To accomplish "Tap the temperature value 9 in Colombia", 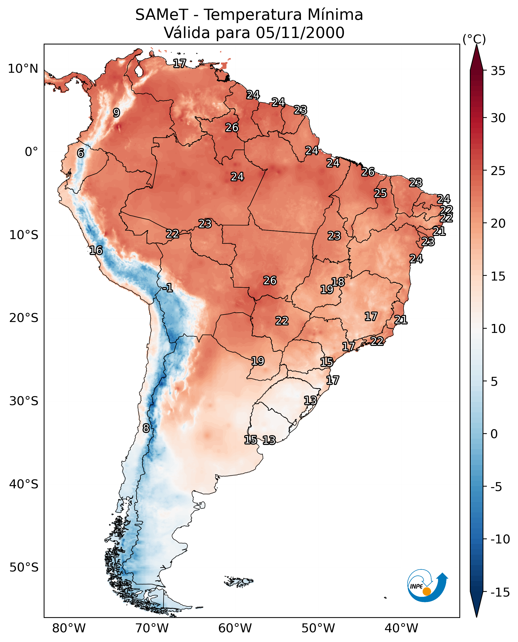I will click(116, 113).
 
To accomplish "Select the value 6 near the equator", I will click(80, 153).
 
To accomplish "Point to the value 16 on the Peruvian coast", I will click(96, 250).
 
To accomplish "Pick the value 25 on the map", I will click(380, 193).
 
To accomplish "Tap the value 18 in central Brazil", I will click(338, 282).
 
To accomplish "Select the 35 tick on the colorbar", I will click(498, 71).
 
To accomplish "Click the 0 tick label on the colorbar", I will click(494, 434).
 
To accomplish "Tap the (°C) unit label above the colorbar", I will click(474, 39).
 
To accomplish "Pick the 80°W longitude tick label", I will click(69, 628).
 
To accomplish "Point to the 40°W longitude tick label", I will click(401, 628).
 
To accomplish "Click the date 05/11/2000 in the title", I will click(300, 33).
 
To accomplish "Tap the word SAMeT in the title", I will click(162, 15).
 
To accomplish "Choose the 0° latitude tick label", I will click(31, 152).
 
